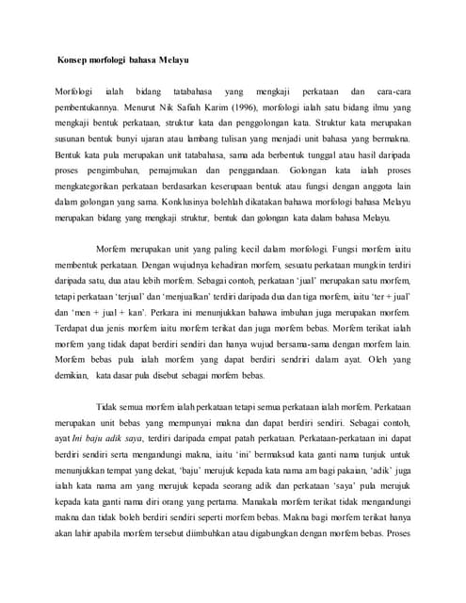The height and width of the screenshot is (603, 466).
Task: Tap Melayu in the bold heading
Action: (170, 60)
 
